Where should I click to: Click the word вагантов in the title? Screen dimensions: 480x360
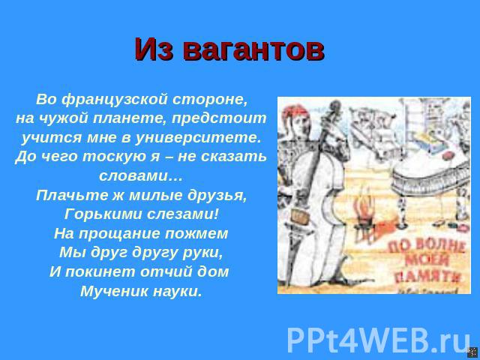click(253, 49)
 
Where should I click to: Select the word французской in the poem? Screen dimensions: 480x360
click(115, 100)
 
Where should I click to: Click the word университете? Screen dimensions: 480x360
click(198, 138)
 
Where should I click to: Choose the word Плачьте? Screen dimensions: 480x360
click(72, 195)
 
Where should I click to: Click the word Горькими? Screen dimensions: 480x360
click(103, 214)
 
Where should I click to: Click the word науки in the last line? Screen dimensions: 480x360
click(178, 291)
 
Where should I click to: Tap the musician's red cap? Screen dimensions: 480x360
click(295, 111)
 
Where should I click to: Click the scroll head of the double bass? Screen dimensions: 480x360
click(335, 108)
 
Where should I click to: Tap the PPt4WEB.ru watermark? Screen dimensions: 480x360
click(378, 340)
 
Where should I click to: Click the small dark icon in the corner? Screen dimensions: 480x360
click(472, 352)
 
